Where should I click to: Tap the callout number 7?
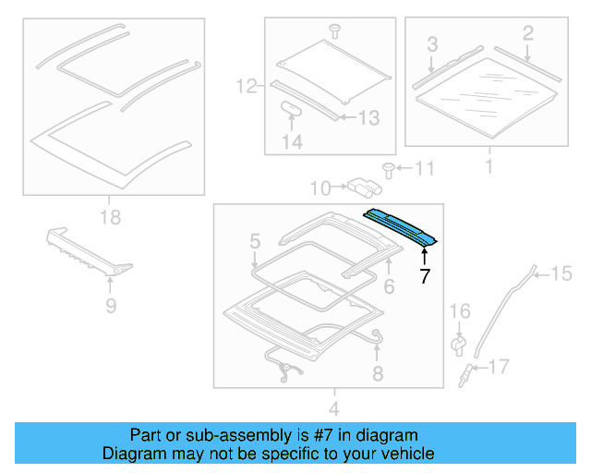coord(424,275)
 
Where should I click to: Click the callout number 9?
coord(110,302)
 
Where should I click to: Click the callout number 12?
coord(245,88)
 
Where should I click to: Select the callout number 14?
coord(292,141)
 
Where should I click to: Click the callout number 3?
coord(431,43)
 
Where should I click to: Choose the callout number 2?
coord(527,34)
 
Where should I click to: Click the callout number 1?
coord(488,167)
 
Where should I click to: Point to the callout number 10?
coord(320,188)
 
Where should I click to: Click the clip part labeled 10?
coord(362,188)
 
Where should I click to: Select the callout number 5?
coord(255,243)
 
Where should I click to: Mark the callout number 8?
coord(377,373)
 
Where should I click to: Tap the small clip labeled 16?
coord(457,344)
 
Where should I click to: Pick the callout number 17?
coord(498,368)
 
